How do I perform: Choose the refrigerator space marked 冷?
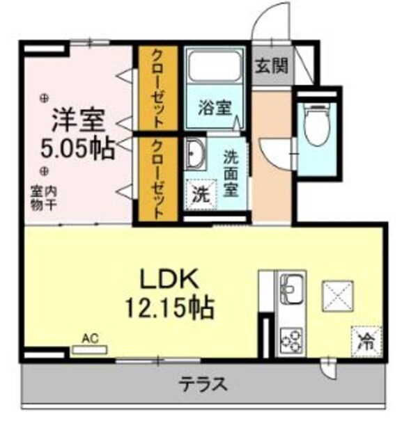point(365,340)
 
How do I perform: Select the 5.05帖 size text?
point(78,149)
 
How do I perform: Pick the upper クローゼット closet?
point(158,88)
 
